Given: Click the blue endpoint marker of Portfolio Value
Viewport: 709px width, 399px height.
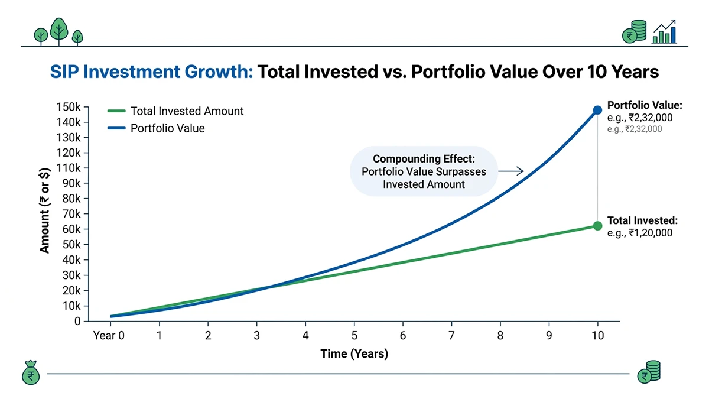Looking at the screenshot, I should [597, 110].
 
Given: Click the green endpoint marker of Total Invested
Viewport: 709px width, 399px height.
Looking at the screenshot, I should [597, 226].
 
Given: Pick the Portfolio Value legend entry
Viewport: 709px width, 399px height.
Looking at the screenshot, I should [167, 128].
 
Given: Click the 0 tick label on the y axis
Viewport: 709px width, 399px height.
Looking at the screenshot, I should [77, 322].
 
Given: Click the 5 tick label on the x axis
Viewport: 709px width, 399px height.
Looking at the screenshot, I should [354, 335].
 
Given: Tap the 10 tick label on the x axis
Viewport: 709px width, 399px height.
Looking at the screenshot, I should [597, 335].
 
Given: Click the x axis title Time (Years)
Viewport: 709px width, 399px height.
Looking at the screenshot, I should [354, 354].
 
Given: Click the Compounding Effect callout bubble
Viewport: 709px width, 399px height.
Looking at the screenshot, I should [424, 171].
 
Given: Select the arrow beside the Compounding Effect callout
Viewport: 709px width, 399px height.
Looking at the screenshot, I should [512, 171].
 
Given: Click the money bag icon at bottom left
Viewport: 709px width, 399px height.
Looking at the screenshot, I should [29, 374].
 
